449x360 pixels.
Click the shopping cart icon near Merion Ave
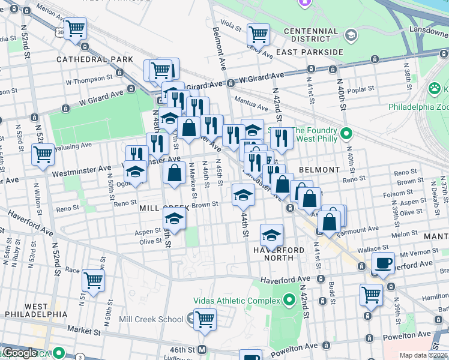[x=76, y=28]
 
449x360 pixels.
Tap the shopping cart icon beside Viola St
[x=258, y=34]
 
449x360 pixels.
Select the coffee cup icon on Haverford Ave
[x=383, y=262]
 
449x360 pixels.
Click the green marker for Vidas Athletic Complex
[x=290, y=299]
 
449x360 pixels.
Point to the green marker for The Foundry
[x=346, y=133]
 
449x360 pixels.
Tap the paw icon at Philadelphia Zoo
[x=434, y=89]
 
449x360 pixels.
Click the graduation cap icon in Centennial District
[x=351, y=36]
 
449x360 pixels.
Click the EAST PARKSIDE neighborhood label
[x=308, y=52]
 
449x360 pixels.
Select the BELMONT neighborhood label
[x=319, y=170]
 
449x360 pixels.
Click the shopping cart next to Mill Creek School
[x=205, y=319]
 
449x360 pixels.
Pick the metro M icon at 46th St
[x=202, y=349]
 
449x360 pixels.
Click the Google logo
[x=20, y=353]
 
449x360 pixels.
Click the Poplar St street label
[x=361, y=89]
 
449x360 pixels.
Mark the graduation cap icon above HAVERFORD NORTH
[x=271, y=234]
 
